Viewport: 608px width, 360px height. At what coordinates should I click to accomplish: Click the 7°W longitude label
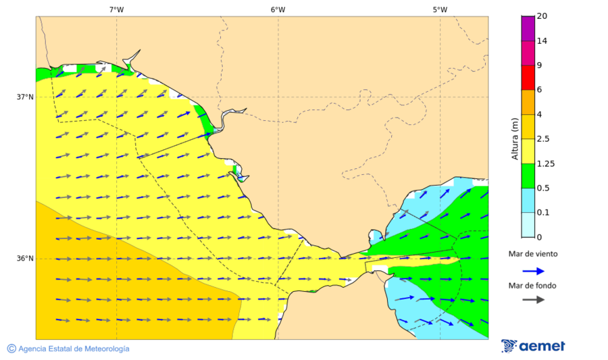116,9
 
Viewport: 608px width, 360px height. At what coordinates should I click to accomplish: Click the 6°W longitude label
278,9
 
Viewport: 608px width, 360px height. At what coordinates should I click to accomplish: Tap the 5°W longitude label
440,9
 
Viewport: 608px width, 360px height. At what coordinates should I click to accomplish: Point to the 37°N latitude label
25,97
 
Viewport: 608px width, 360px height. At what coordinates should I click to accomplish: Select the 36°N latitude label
25,259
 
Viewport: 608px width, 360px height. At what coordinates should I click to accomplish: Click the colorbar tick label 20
542,16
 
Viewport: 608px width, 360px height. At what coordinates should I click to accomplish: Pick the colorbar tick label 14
542,41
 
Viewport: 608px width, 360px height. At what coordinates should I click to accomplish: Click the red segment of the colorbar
528,77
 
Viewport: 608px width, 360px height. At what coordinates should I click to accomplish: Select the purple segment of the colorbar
528,28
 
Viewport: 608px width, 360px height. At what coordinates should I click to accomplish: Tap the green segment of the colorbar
528,176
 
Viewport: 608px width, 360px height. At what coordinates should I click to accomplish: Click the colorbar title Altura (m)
515,138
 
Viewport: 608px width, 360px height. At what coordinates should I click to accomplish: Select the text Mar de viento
534,255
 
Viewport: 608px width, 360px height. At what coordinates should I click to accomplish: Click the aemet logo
533,346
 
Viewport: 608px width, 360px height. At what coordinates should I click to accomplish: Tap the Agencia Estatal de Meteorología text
74,349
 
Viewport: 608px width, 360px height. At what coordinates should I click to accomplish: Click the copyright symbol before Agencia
11,349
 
